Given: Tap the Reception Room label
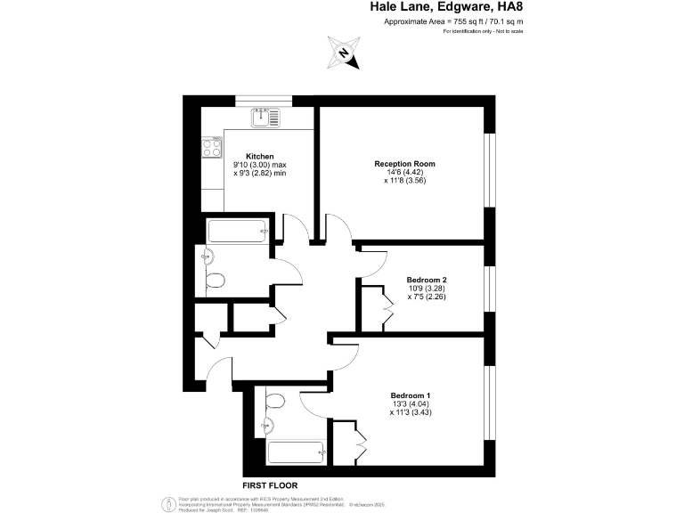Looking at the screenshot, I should tap(404, 164).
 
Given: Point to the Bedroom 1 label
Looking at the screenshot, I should tap(410, 395).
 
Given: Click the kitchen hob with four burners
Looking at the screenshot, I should tap(212, 146).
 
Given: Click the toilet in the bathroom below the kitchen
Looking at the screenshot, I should tap(215, 281).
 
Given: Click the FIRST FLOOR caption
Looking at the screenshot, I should tap(269, 485).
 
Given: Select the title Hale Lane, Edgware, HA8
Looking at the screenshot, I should tap(446, 8).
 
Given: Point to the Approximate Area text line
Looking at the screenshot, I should tap(452, 21).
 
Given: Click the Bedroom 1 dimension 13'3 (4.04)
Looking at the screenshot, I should tap(410, 403).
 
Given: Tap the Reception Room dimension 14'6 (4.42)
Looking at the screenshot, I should tap(404, 173).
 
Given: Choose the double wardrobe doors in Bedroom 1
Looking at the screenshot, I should tap(361, 437).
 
